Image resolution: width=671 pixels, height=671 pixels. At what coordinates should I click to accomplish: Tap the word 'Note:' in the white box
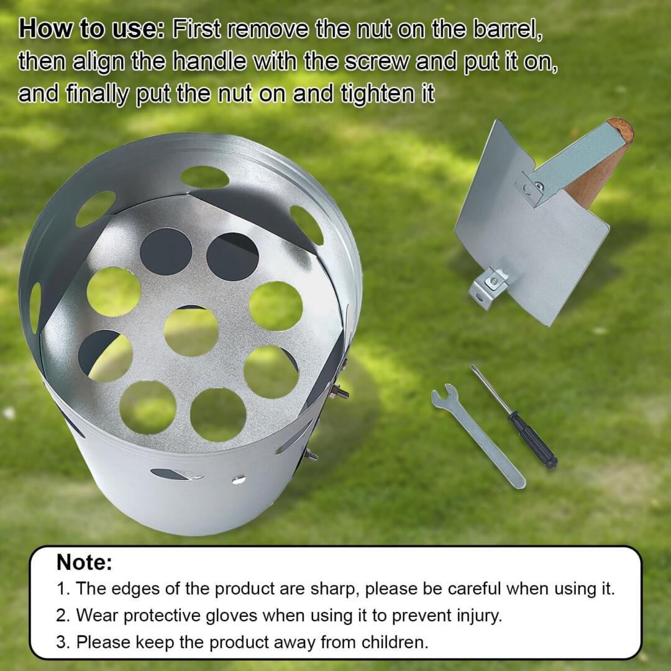click(84, 562)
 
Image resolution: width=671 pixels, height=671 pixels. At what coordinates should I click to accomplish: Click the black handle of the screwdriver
click(533, 440)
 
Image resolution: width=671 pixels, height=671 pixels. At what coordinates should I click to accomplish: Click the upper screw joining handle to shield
click(540, 185)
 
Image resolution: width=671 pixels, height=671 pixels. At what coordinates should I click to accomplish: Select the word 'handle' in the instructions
click(209, 62)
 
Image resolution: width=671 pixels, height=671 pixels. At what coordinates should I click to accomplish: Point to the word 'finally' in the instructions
click(97, 94)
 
